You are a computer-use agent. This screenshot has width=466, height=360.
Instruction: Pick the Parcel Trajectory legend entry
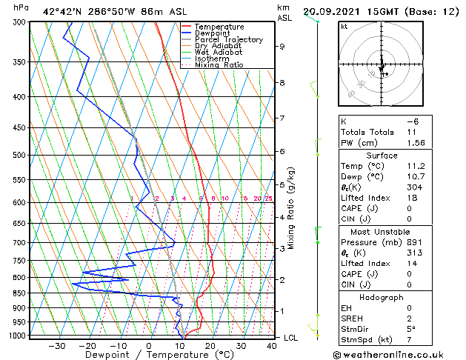pyautogui.click(x=228, y=39)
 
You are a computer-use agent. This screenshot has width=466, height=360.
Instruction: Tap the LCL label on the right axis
pyautogui.click(x=292, y=337)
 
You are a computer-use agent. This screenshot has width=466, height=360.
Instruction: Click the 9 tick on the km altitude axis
pyautogui.click(x=282, y=47)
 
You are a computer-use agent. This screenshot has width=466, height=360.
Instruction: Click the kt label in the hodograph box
pyautogui.click(x=344, y=27)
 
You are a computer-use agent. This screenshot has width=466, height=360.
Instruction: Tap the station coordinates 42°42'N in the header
pyautogui.click(x=64, y=11)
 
